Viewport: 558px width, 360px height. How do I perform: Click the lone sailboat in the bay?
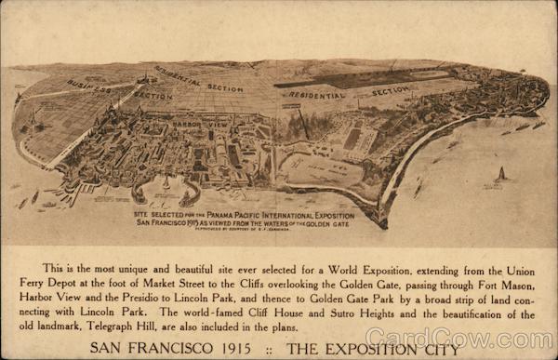[500, 174]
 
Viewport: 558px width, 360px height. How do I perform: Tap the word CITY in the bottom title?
[438, 349]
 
